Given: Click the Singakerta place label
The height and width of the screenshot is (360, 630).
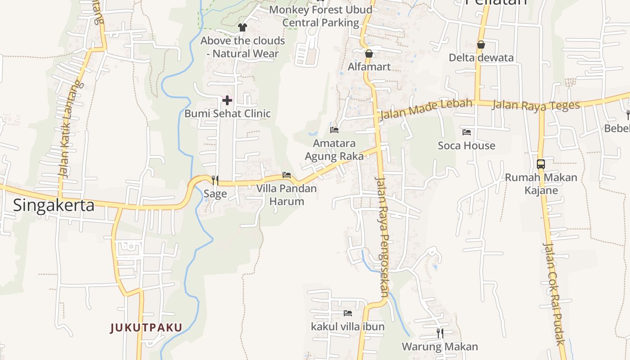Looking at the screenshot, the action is point(54,205).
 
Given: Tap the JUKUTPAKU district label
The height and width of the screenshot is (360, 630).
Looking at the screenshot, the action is point(146,328).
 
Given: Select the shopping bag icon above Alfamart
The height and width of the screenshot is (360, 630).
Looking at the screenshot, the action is point(369,54).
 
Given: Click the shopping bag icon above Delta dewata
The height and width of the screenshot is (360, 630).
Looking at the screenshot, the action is point(481,45).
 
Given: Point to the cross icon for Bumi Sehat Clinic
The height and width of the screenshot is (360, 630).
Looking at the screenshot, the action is point(227,100).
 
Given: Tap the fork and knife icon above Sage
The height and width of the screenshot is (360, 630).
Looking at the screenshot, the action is point(215,180).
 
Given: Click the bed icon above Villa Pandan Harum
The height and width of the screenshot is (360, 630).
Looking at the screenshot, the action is point(286,175).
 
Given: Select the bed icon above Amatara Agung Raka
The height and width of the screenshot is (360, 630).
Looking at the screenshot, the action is point(334,130).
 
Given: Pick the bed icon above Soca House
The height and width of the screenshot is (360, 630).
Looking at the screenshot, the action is point(467,132).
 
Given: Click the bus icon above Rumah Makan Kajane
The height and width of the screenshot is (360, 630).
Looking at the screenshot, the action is point(541,164).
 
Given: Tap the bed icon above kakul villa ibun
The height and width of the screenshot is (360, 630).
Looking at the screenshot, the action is point(347,313).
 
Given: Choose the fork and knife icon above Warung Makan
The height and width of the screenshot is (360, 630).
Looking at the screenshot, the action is point(440,333).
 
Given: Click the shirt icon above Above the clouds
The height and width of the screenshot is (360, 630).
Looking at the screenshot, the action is point(243,27).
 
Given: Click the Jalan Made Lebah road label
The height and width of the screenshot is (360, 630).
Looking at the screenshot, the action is point(426,108).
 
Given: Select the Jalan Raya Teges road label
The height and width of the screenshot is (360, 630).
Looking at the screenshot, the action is point(536,105).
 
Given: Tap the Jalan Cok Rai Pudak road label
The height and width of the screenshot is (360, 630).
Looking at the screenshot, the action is point(554,293).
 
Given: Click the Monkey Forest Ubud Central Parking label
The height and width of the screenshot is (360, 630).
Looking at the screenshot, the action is point(321,16).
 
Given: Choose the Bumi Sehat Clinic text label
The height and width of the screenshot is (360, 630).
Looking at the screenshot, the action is point(227,113).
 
